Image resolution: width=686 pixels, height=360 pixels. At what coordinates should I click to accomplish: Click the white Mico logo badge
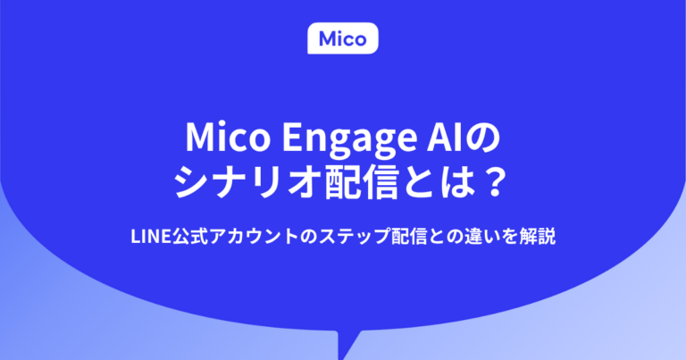tap(343, 38)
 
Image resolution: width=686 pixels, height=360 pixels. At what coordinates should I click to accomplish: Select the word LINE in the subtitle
tap(148, 237)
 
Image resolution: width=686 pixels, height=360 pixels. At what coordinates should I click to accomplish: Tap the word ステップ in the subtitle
tap(334, 237)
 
